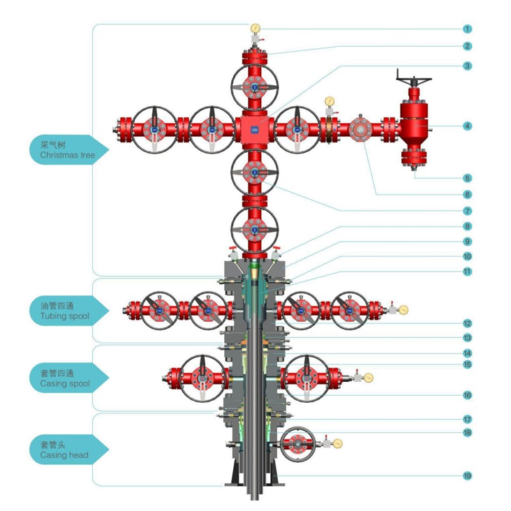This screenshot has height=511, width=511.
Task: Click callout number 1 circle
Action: pyautogui.click(x=467, y=29)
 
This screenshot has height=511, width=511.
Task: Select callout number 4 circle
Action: pyautogui.click(x=467, y=126)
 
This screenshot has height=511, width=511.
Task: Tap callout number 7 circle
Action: pyautogui.click(x=467, y=210)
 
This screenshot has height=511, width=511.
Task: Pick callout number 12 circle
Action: pyautogui.click(x=467, y=323)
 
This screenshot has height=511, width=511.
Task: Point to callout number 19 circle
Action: pyautogui.click(x=467, y=476)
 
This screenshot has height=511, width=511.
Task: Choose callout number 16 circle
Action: pyautogui.click(x=467, y=395)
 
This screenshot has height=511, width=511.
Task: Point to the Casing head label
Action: pyautogui.click(x=65, y=450)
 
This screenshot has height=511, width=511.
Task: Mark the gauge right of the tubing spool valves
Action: pyautogui.click(x=403, y=309)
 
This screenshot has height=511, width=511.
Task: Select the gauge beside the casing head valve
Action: pyautogui.click(x=338, y=443)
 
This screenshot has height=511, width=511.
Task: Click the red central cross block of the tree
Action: pyautogui.click(x=254, y=128)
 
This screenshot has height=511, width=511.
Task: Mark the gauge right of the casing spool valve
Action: pyautogui.click(x=368, y=378)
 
